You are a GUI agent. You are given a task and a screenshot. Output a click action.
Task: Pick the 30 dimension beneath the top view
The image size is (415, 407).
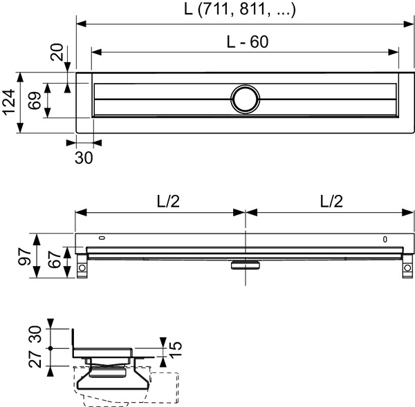[83, 158]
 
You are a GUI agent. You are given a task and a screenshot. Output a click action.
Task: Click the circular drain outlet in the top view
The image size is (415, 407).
[244, 99]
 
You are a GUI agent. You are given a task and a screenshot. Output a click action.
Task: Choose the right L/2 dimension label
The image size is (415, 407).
[331, 200]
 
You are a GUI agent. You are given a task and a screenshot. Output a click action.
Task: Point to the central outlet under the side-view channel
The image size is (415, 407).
[244, 263]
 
